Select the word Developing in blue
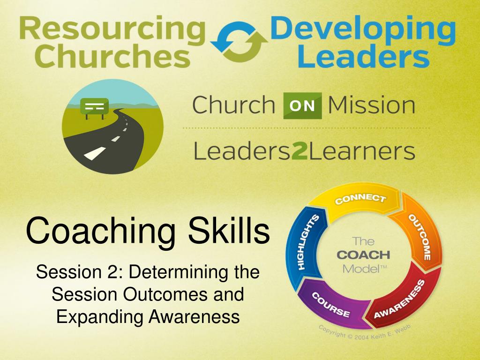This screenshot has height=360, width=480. pyautogui.click(x=363, y=30)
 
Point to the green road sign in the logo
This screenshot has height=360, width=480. pyautogui.click(x=94, y=105)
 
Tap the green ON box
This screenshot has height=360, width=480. pyautogui.click(x=302, y=106)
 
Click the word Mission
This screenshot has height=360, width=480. pyautogui.click(x=372, y=105)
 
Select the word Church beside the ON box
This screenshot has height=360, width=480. pyautogui.click(x=233, y=105)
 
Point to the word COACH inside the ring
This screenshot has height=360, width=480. pyautogui.click(x=363, y=255)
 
